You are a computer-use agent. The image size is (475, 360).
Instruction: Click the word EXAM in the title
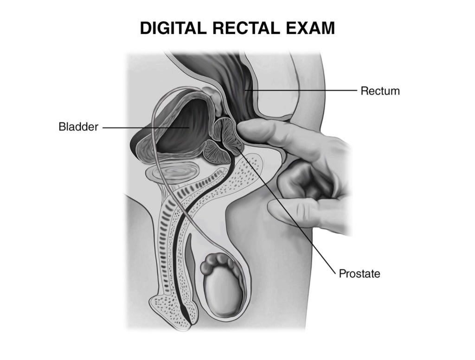314,29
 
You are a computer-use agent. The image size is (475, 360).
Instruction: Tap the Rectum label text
380,91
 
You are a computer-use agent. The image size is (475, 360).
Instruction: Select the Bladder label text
78,127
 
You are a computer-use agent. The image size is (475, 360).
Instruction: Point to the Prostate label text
359,274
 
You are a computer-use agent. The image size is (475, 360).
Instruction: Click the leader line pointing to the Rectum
302,90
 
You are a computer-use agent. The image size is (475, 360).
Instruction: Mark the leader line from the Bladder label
139,127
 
